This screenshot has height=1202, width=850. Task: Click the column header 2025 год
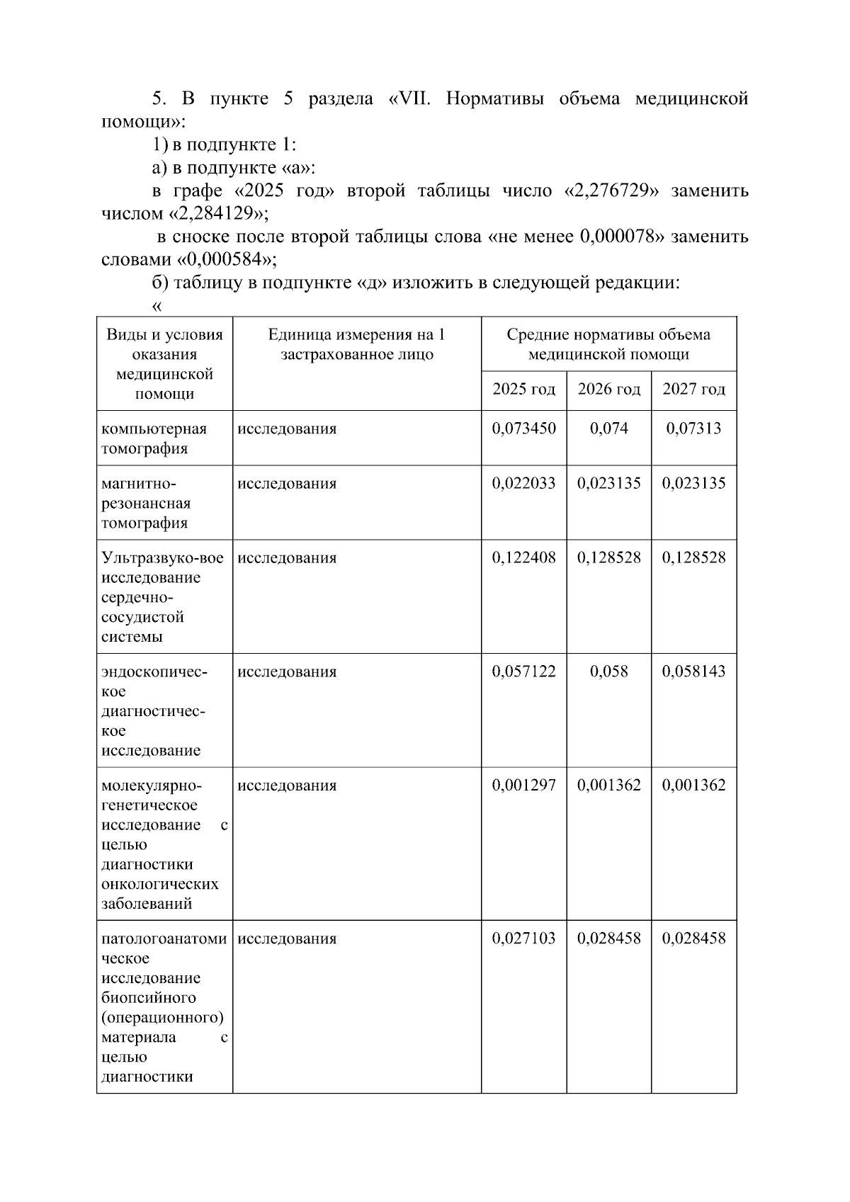pyautogui.click(x=523, y=390)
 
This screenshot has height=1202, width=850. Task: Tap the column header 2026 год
pyautogui.click(x=608, y=390)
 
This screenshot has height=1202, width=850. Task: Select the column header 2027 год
pyautogui.click(x=693, y=390)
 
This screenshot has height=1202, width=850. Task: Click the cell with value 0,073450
pyautogui.click(x=523, y=429)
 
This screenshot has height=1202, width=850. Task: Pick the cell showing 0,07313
pyautogui.click(x=693, y=429)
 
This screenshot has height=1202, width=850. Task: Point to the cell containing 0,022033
pyautogui.click(x=523, y=484)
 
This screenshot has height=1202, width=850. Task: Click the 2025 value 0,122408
pyautogui.click(x=523, y=558)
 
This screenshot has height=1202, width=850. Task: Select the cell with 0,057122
pyautogui.click(x=523, y=671)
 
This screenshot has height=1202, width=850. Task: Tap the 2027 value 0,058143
pyautogui.click(x=693, y=671)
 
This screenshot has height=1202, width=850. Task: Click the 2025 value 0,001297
pyautogui.click(x=523, y=786)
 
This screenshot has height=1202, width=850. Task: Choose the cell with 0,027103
pyautogui.click(x=523, y=939)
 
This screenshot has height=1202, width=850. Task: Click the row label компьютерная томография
pyautogui.click(x=154, y=438)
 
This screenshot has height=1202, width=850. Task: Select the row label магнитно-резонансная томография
pyautogui.click(x=146, y=504)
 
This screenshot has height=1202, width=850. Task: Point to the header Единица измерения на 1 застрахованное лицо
pyautogui.click(x=356, y=345)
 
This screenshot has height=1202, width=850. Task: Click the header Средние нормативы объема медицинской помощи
pyautogui.click(x=608, y=345)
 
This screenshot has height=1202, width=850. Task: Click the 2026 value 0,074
pyautogui.click(x=608, y=429)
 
